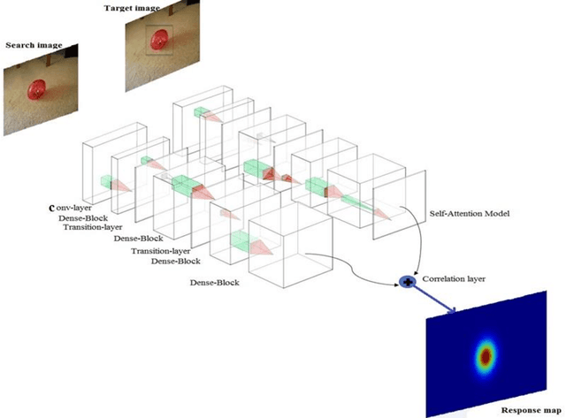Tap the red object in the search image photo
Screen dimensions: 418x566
[37, 90]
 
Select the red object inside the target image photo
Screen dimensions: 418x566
[160, 40]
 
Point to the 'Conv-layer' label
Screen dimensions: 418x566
[73, 208]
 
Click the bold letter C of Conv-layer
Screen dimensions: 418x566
[51, 209]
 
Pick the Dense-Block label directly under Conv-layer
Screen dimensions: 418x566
[84, 217]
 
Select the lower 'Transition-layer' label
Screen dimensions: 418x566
[162, 252]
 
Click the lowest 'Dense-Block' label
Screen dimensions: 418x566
[217, 282]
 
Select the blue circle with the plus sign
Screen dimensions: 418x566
[409, 282]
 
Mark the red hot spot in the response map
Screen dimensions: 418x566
[486, 355]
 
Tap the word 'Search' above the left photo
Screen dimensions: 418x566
[21, 45]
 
